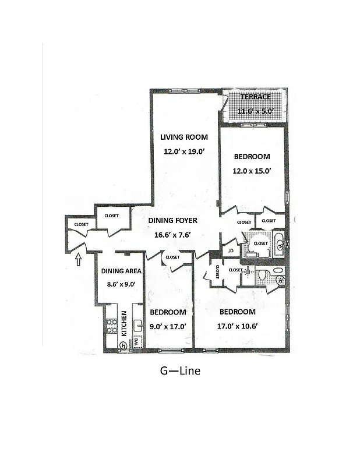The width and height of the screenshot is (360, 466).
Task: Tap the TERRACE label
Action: pos(255,97)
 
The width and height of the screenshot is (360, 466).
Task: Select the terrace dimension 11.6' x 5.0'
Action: pos(255,111)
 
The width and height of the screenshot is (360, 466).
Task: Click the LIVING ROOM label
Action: pos(184,137)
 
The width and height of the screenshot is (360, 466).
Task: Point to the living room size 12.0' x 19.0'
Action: pos(184,151)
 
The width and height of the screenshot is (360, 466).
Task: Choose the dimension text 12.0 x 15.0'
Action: pos(252,170)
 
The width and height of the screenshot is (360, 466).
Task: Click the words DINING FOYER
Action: pos(172,221)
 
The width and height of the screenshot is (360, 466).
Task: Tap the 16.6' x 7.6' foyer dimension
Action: pos(172,234)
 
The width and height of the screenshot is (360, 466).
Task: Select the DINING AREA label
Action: pos(121,271)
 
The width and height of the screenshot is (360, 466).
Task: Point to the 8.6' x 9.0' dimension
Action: pos(121,284)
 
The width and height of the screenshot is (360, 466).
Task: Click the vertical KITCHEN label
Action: pos(124,324)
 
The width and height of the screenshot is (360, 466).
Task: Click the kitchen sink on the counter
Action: pos(138,324)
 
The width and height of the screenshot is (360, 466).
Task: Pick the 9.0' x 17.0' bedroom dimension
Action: pos(168,327)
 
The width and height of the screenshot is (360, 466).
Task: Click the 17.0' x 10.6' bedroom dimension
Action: pos(237,327)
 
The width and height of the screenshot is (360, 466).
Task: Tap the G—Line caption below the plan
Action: pos(180,370)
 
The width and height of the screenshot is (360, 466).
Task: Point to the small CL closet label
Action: pos(231,250)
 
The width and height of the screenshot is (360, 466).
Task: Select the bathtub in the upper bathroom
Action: pos(278,243)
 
